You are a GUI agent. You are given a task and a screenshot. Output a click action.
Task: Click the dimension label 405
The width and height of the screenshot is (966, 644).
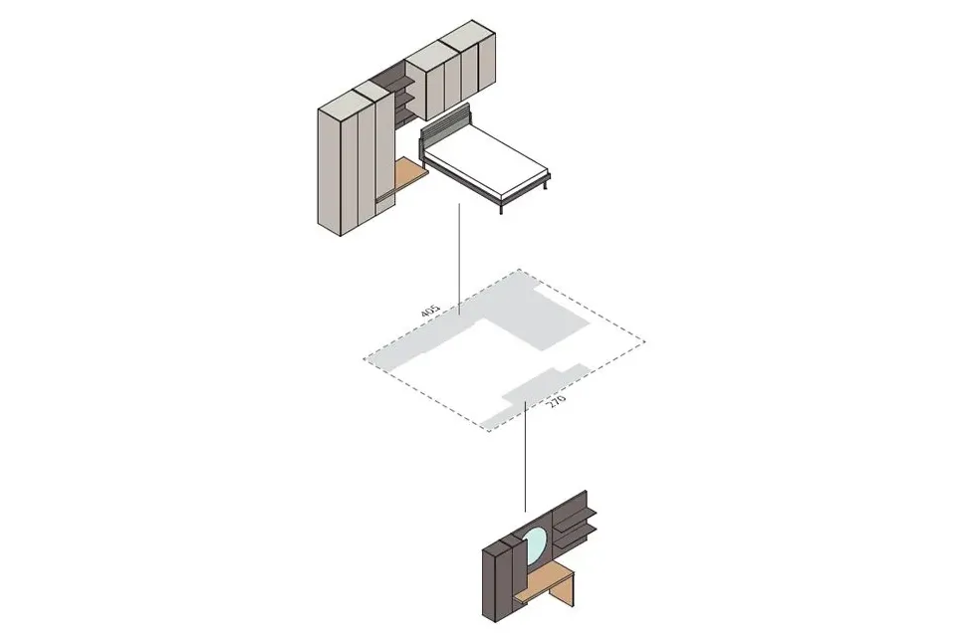[x=430, y=311]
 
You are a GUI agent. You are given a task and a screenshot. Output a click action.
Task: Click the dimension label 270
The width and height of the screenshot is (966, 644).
[x=557, y=401]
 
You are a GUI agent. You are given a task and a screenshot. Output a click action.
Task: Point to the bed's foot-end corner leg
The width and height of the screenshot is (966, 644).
[x=500, y=207]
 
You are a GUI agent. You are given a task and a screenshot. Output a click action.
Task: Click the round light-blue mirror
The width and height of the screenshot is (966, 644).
[x=535, y=544]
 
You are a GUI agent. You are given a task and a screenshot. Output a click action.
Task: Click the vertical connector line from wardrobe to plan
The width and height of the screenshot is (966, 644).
[x=459, y=259]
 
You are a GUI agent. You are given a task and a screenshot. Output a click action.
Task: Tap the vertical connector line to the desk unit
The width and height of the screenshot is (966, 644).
[x=525, y=456]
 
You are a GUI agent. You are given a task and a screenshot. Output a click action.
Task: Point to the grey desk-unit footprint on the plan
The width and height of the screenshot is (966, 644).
[x=535, y=394]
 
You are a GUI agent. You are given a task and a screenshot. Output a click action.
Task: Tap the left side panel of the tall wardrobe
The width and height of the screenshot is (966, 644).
[x=330, y=172]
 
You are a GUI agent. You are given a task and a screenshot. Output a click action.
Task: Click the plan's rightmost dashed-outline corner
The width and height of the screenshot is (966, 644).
[x=645, y=341]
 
